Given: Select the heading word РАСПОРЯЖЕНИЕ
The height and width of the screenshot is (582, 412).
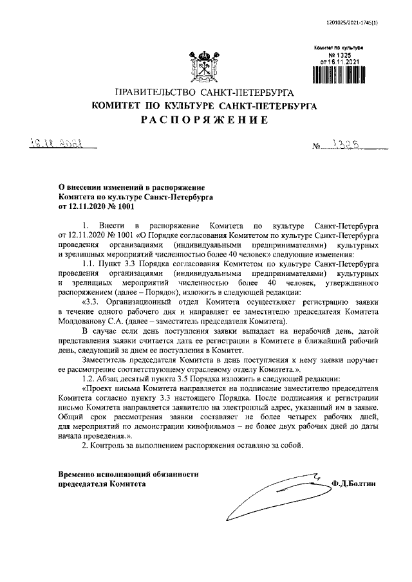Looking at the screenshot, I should click(205, 120).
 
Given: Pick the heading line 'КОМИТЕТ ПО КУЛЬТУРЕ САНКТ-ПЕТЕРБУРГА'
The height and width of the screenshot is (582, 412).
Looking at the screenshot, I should click(205, 107).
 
